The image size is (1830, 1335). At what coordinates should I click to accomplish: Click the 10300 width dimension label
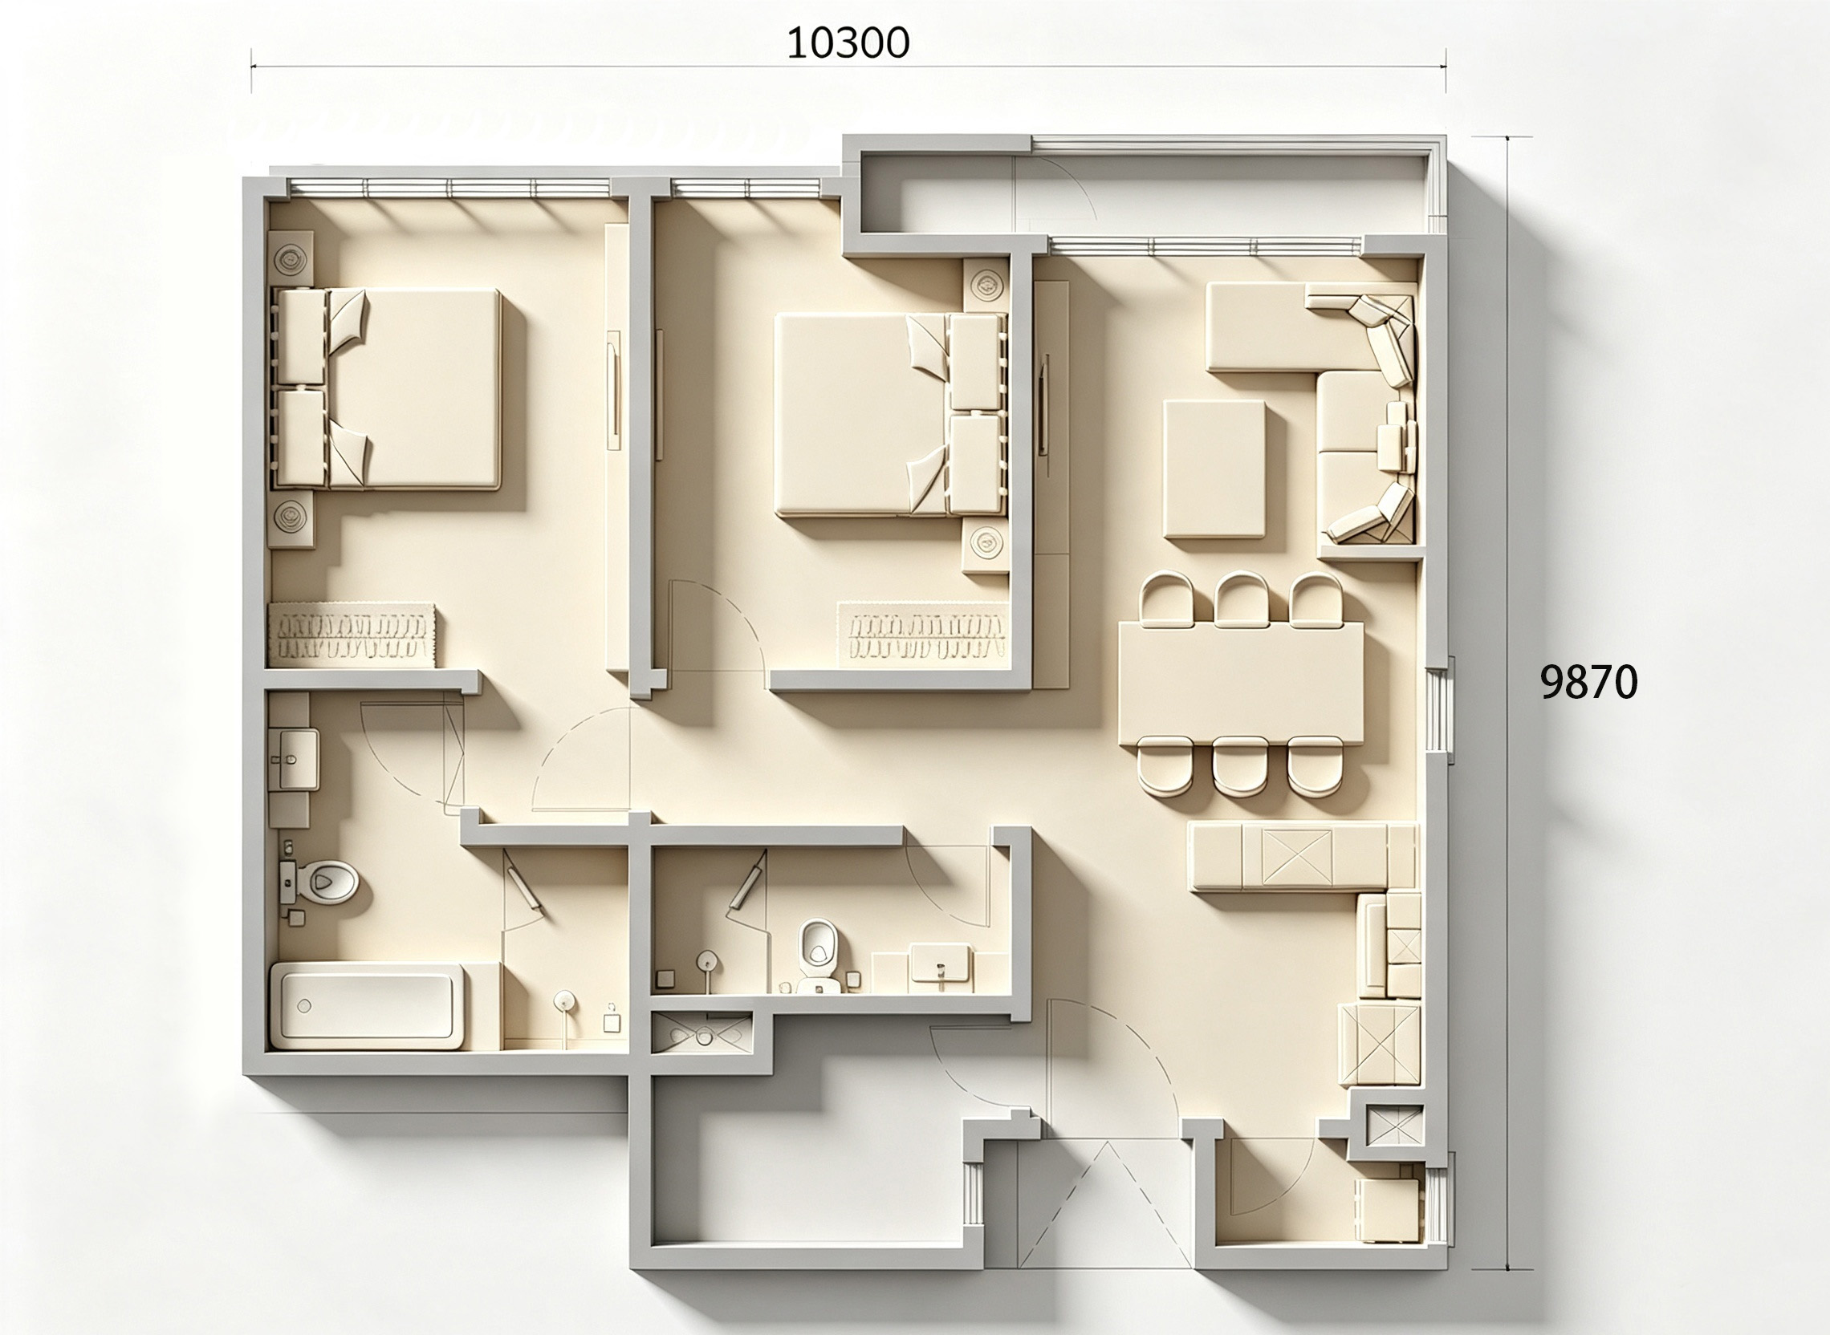[x=848, y=43]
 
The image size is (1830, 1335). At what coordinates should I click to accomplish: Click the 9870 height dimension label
[x=1588, y=683]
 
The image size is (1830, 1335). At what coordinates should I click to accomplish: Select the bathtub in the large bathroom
[x=368, y=1005]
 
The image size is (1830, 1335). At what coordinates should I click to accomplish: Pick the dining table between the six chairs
[x=1240, y=682]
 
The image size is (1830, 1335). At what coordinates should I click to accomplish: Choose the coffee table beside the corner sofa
[x=1214, y=469]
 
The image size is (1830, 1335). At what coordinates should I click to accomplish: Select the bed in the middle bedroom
[x=890, y=416]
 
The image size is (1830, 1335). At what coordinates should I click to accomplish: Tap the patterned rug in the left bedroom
[x=352, y=635]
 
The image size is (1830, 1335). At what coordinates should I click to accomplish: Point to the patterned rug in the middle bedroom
[x=923, y=635]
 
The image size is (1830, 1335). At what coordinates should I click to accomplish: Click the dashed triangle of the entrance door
[x=1104, y=1205]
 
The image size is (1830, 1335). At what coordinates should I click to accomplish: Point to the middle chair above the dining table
[x=1242, y=599]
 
